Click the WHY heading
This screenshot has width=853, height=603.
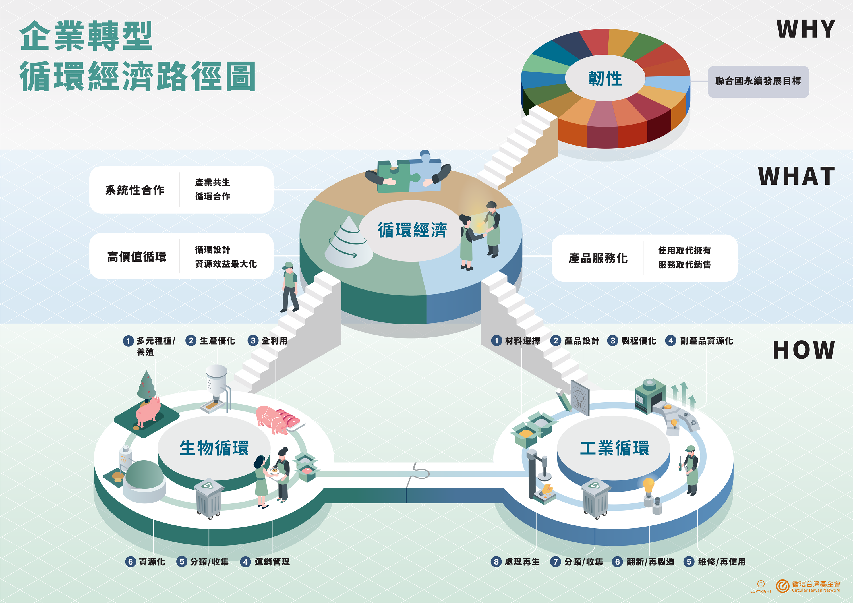(x=806, y=29)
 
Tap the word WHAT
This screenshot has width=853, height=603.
(x=796, y=176)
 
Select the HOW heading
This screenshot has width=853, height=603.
(x=804, y=350)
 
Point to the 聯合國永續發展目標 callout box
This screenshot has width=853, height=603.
(x=758, y=81)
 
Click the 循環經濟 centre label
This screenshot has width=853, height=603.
(x=412, y=230)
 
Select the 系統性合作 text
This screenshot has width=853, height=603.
(x=135, y=190)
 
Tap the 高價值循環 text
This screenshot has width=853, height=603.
(x=136, y=257)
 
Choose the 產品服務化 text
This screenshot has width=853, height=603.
(x=598, y=258)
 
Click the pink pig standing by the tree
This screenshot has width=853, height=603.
(x=148, y=412)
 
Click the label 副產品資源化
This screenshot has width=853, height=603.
(x=707, y=341)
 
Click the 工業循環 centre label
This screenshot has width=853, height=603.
(x=614, y=448)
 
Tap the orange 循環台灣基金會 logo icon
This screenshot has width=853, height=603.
(x=782, y=586)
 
